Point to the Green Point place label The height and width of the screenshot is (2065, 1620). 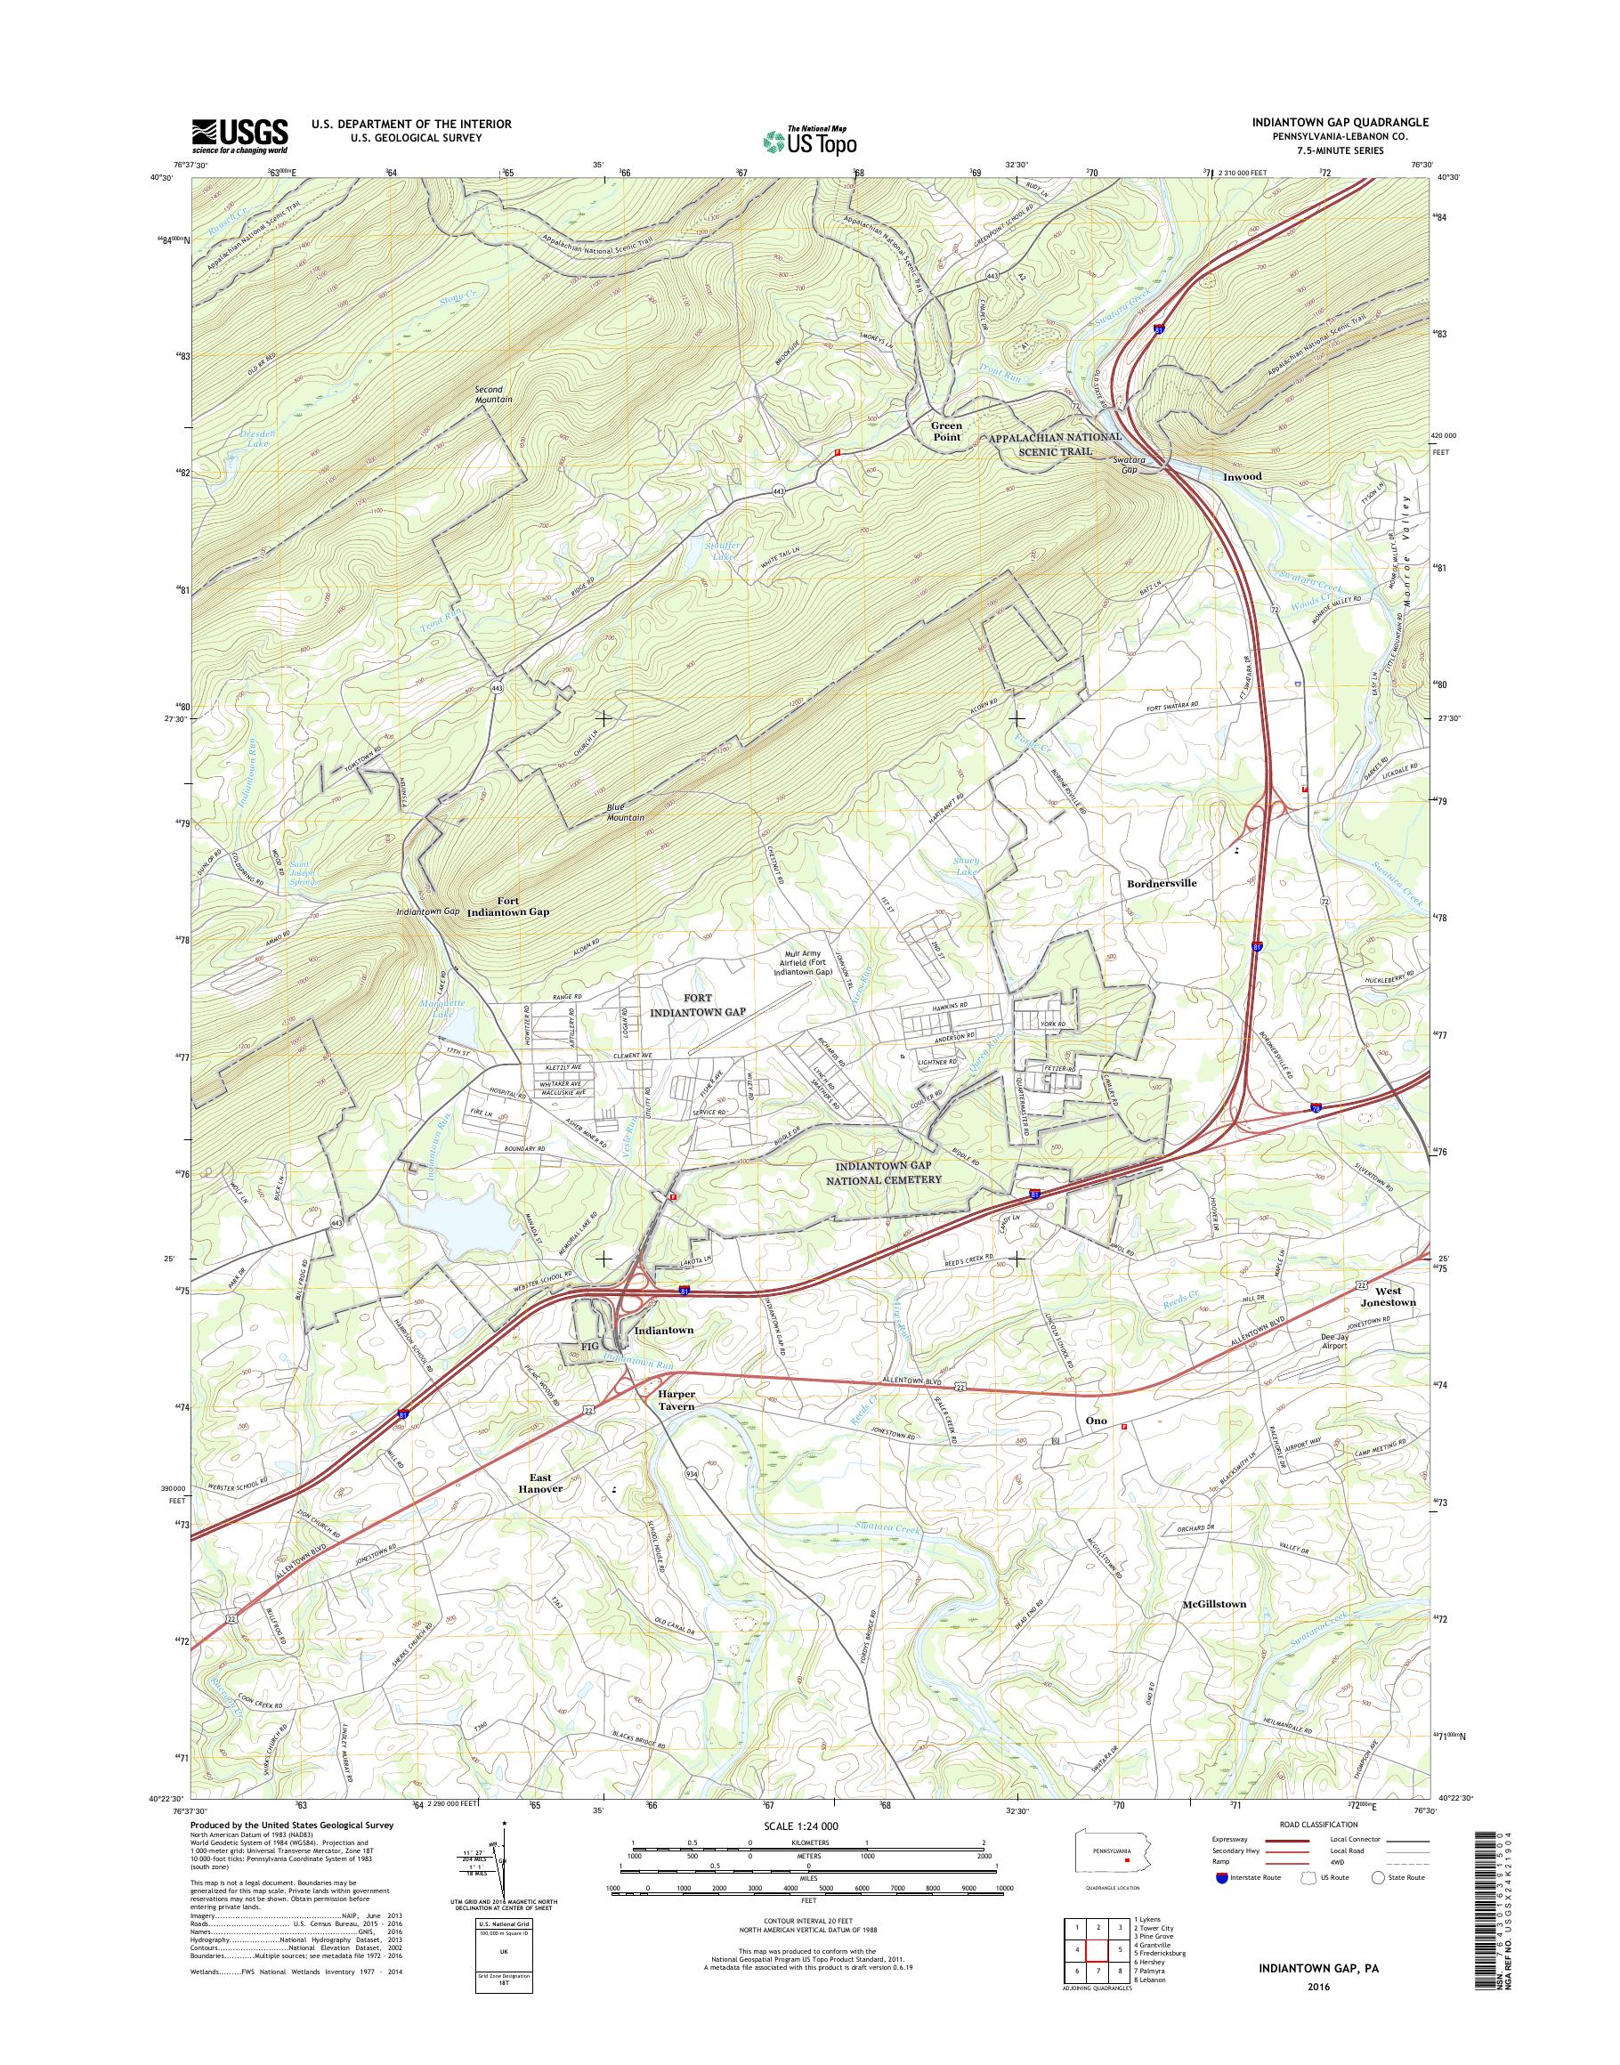(945, 432)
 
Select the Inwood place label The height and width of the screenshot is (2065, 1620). (1242, 476)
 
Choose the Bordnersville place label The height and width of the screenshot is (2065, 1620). (1162, 882)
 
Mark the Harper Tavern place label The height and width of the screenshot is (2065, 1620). (676, 1400)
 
